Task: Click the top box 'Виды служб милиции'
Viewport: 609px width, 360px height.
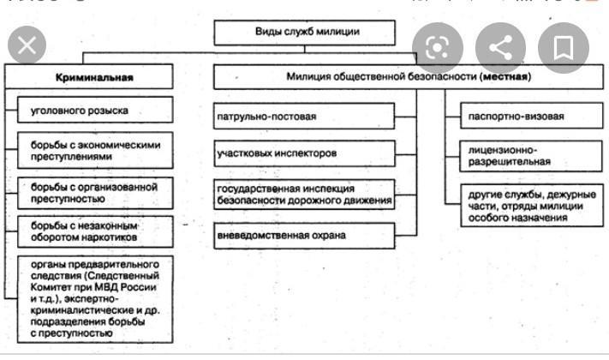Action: pyautogui.click(x=303, y=33)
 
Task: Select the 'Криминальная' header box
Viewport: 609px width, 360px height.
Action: pyautogui.click(x=94, y=77)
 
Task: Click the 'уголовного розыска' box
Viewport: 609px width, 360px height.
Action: pyautogui.click(x=90, y=111)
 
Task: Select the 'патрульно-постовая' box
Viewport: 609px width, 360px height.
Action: pyautogui.click(x=304, y=116)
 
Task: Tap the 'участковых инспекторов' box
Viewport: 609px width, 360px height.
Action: pyautogui.click(x=304, y=154)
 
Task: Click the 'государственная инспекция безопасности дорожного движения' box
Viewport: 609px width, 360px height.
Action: pyautogui.click(x=304, y=195)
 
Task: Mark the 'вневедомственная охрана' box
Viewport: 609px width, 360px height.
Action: pyautogui.click(x=304, y=235)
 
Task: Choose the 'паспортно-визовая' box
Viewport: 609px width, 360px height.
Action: pyautogui.click(x=522, y=116)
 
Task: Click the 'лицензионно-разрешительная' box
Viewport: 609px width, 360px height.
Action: pyautogui.click(x=522, y=155)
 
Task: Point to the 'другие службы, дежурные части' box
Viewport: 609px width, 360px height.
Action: pyautogui.click(x=522, y=206)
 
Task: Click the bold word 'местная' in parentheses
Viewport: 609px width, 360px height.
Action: pyautogui.click(x=505, y=77)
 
